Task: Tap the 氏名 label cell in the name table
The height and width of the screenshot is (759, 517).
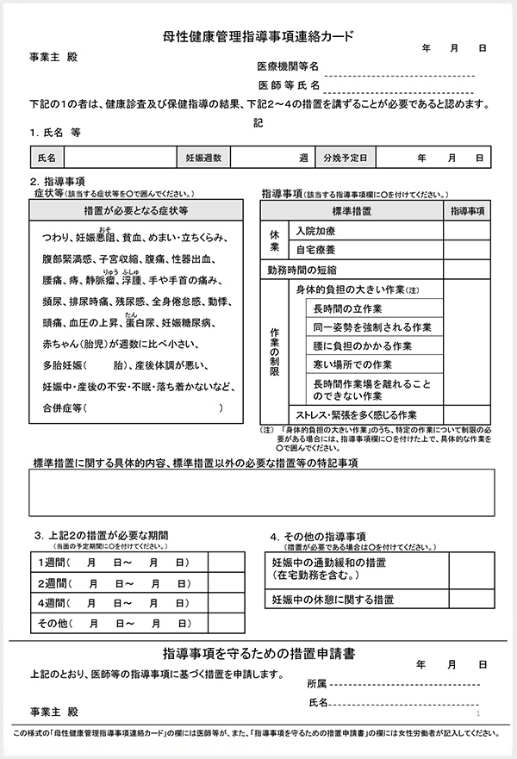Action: [47, 159]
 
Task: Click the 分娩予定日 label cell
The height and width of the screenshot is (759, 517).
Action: [346, 159]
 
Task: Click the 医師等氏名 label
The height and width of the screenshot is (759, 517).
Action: [290, 85]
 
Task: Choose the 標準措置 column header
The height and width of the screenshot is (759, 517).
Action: [352, 211]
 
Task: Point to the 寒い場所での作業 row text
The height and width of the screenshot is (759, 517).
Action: [352, 364]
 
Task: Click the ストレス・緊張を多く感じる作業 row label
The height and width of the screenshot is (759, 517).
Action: [356, 414]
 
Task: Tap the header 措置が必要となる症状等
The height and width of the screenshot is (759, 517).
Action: [137, 210]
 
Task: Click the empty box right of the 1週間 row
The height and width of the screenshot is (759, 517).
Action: [225, 563]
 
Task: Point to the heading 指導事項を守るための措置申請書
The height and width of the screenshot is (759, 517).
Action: [258, 653]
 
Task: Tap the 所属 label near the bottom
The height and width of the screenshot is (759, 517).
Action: [316, 683]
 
